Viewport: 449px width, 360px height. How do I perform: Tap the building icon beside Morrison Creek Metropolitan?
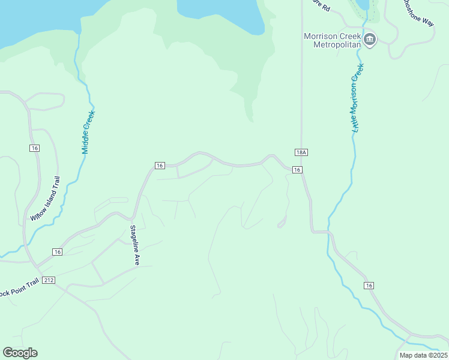(x=370, y=40)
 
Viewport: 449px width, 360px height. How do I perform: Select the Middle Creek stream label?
(x=89, y=131)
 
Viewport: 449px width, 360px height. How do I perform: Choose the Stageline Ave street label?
(x=136, y=245)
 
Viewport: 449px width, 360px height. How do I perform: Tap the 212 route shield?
(x=49, y=280)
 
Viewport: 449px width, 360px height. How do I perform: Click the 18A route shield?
(x=301, y=152)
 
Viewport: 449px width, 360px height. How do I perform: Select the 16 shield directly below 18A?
(x=297, y=170)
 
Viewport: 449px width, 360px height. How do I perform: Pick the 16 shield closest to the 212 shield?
(x=57, y=252)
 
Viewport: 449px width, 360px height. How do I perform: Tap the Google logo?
(x=20, y=353)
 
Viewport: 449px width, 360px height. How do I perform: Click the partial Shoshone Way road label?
(x=418, y=13)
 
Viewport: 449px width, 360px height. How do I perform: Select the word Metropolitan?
(x=332, y=45)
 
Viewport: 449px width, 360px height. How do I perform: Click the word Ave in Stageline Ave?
(x=136, y=260)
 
